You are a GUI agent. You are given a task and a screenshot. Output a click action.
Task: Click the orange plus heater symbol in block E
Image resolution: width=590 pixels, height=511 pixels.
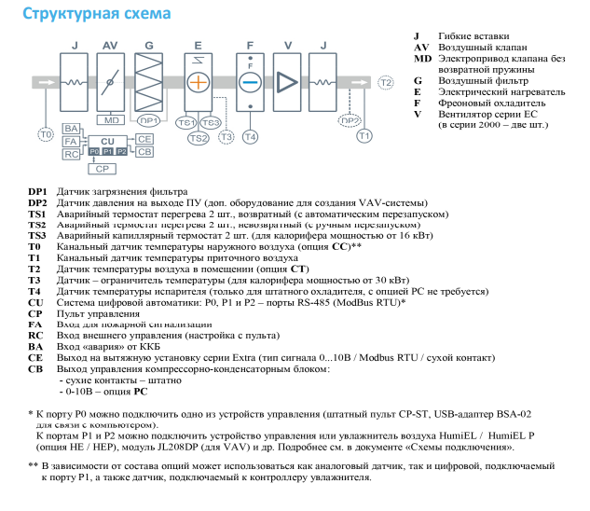(198, 82)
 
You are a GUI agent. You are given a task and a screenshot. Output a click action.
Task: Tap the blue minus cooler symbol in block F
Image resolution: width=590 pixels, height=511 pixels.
(250, 82)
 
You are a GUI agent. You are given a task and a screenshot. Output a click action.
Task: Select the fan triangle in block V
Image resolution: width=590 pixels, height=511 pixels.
(284, 82)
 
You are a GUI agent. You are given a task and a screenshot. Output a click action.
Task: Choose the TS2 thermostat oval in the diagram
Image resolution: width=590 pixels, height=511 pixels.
(198, 138)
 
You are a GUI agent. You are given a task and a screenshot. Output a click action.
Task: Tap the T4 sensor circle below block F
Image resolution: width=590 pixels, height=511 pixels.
(250, 136)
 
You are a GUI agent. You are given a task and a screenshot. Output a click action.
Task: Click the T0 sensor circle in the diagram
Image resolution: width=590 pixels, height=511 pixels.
(46, 135)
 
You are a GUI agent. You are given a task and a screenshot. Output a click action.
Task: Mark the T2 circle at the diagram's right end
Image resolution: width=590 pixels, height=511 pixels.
(386, 83)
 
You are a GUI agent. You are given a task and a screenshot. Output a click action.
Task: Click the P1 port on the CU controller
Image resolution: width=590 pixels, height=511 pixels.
(108, 150)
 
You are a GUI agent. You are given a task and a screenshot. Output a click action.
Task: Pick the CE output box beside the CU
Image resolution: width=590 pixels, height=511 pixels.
(144, 138)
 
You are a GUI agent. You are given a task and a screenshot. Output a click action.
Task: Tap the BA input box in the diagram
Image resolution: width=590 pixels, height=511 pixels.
(71, 128)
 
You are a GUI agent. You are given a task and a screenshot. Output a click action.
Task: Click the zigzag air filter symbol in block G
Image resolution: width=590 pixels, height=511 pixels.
(150, 82)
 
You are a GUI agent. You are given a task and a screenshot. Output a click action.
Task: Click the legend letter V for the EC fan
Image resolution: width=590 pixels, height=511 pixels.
(419, 114)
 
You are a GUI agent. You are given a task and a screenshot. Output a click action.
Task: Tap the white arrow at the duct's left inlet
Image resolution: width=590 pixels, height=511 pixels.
(46, 83)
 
